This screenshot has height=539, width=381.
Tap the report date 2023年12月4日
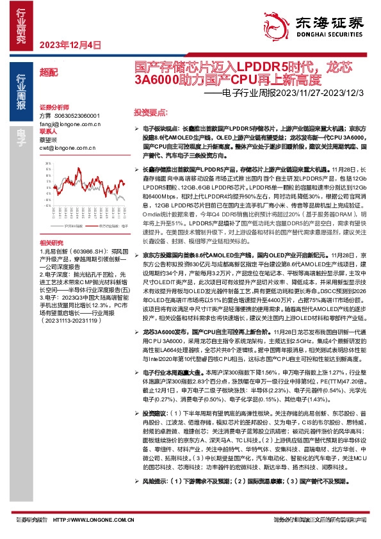(x=70, y=45)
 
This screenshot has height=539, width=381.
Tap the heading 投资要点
(x=147, y=111)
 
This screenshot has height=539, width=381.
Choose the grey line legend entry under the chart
(x=76, y=225)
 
